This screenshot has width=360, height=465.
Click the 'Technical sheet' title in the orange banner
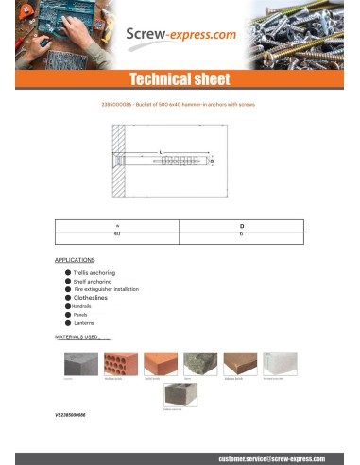[x=180, y=78]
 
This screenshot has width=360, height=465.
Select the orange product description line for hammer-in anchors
[x=180, y=104]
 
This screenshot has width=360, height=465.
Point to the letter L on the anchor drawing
[x=162, y=151]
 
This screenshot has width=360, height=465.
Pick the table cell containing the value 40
[x=117, y=232]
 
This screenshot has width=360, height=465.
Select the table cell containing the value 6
[x=241, y=232]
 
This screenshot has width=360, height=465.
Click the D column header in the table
[x=241, y=224]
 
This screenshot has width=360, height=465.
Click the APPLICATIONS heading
[x=75, y=259]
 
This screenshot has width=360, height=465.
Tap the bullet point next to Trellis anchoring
[x=68, y=272]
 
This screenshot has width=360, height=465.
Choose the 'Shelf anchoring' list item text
[x=94, y=281]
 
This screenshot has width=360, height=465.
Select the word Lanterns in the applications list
[x=86, y=323]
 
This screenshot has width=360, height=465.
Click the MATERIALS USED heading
[x=82, y=336]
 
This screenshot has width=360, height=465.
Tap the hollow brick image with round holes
[x=118, y=365]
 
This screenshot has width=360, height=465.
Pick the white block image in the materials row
[x=278, y=365]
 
